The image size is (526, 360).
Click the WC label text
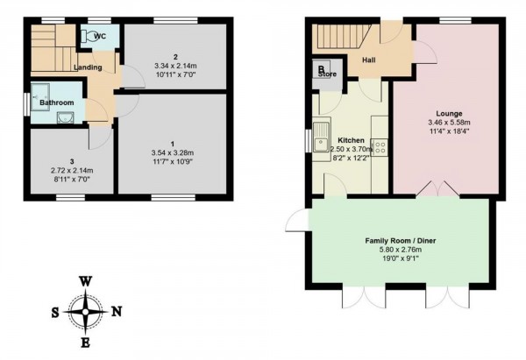(x=100, y=37)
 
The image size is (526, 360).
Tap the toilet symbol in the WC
(x=89, y=37)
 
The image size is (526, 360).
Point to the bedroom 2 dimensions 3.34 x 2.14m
(x=175, y=66)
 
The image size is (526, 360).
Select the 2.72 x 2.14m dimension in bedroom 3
(x=71, y=169)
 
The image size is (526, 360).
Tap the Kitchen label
(x=351, y=139)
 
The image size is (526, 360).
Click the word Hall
(x=368, y=60)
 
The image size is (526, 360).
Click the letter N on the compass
(x=117, y=310)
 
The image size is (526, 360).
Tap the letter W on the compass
(x=85, y=281)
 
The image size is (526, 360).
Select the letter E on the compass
(x=85, y=341)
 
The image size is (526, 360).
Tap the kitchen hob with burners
(x=379, y=143)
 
